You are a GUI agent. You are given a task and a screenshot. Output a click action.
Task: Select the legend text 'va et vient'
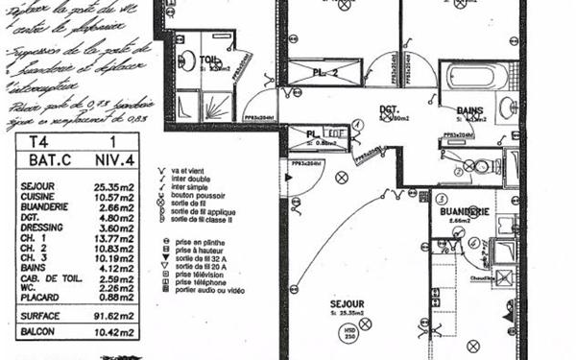pos(190,169)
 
